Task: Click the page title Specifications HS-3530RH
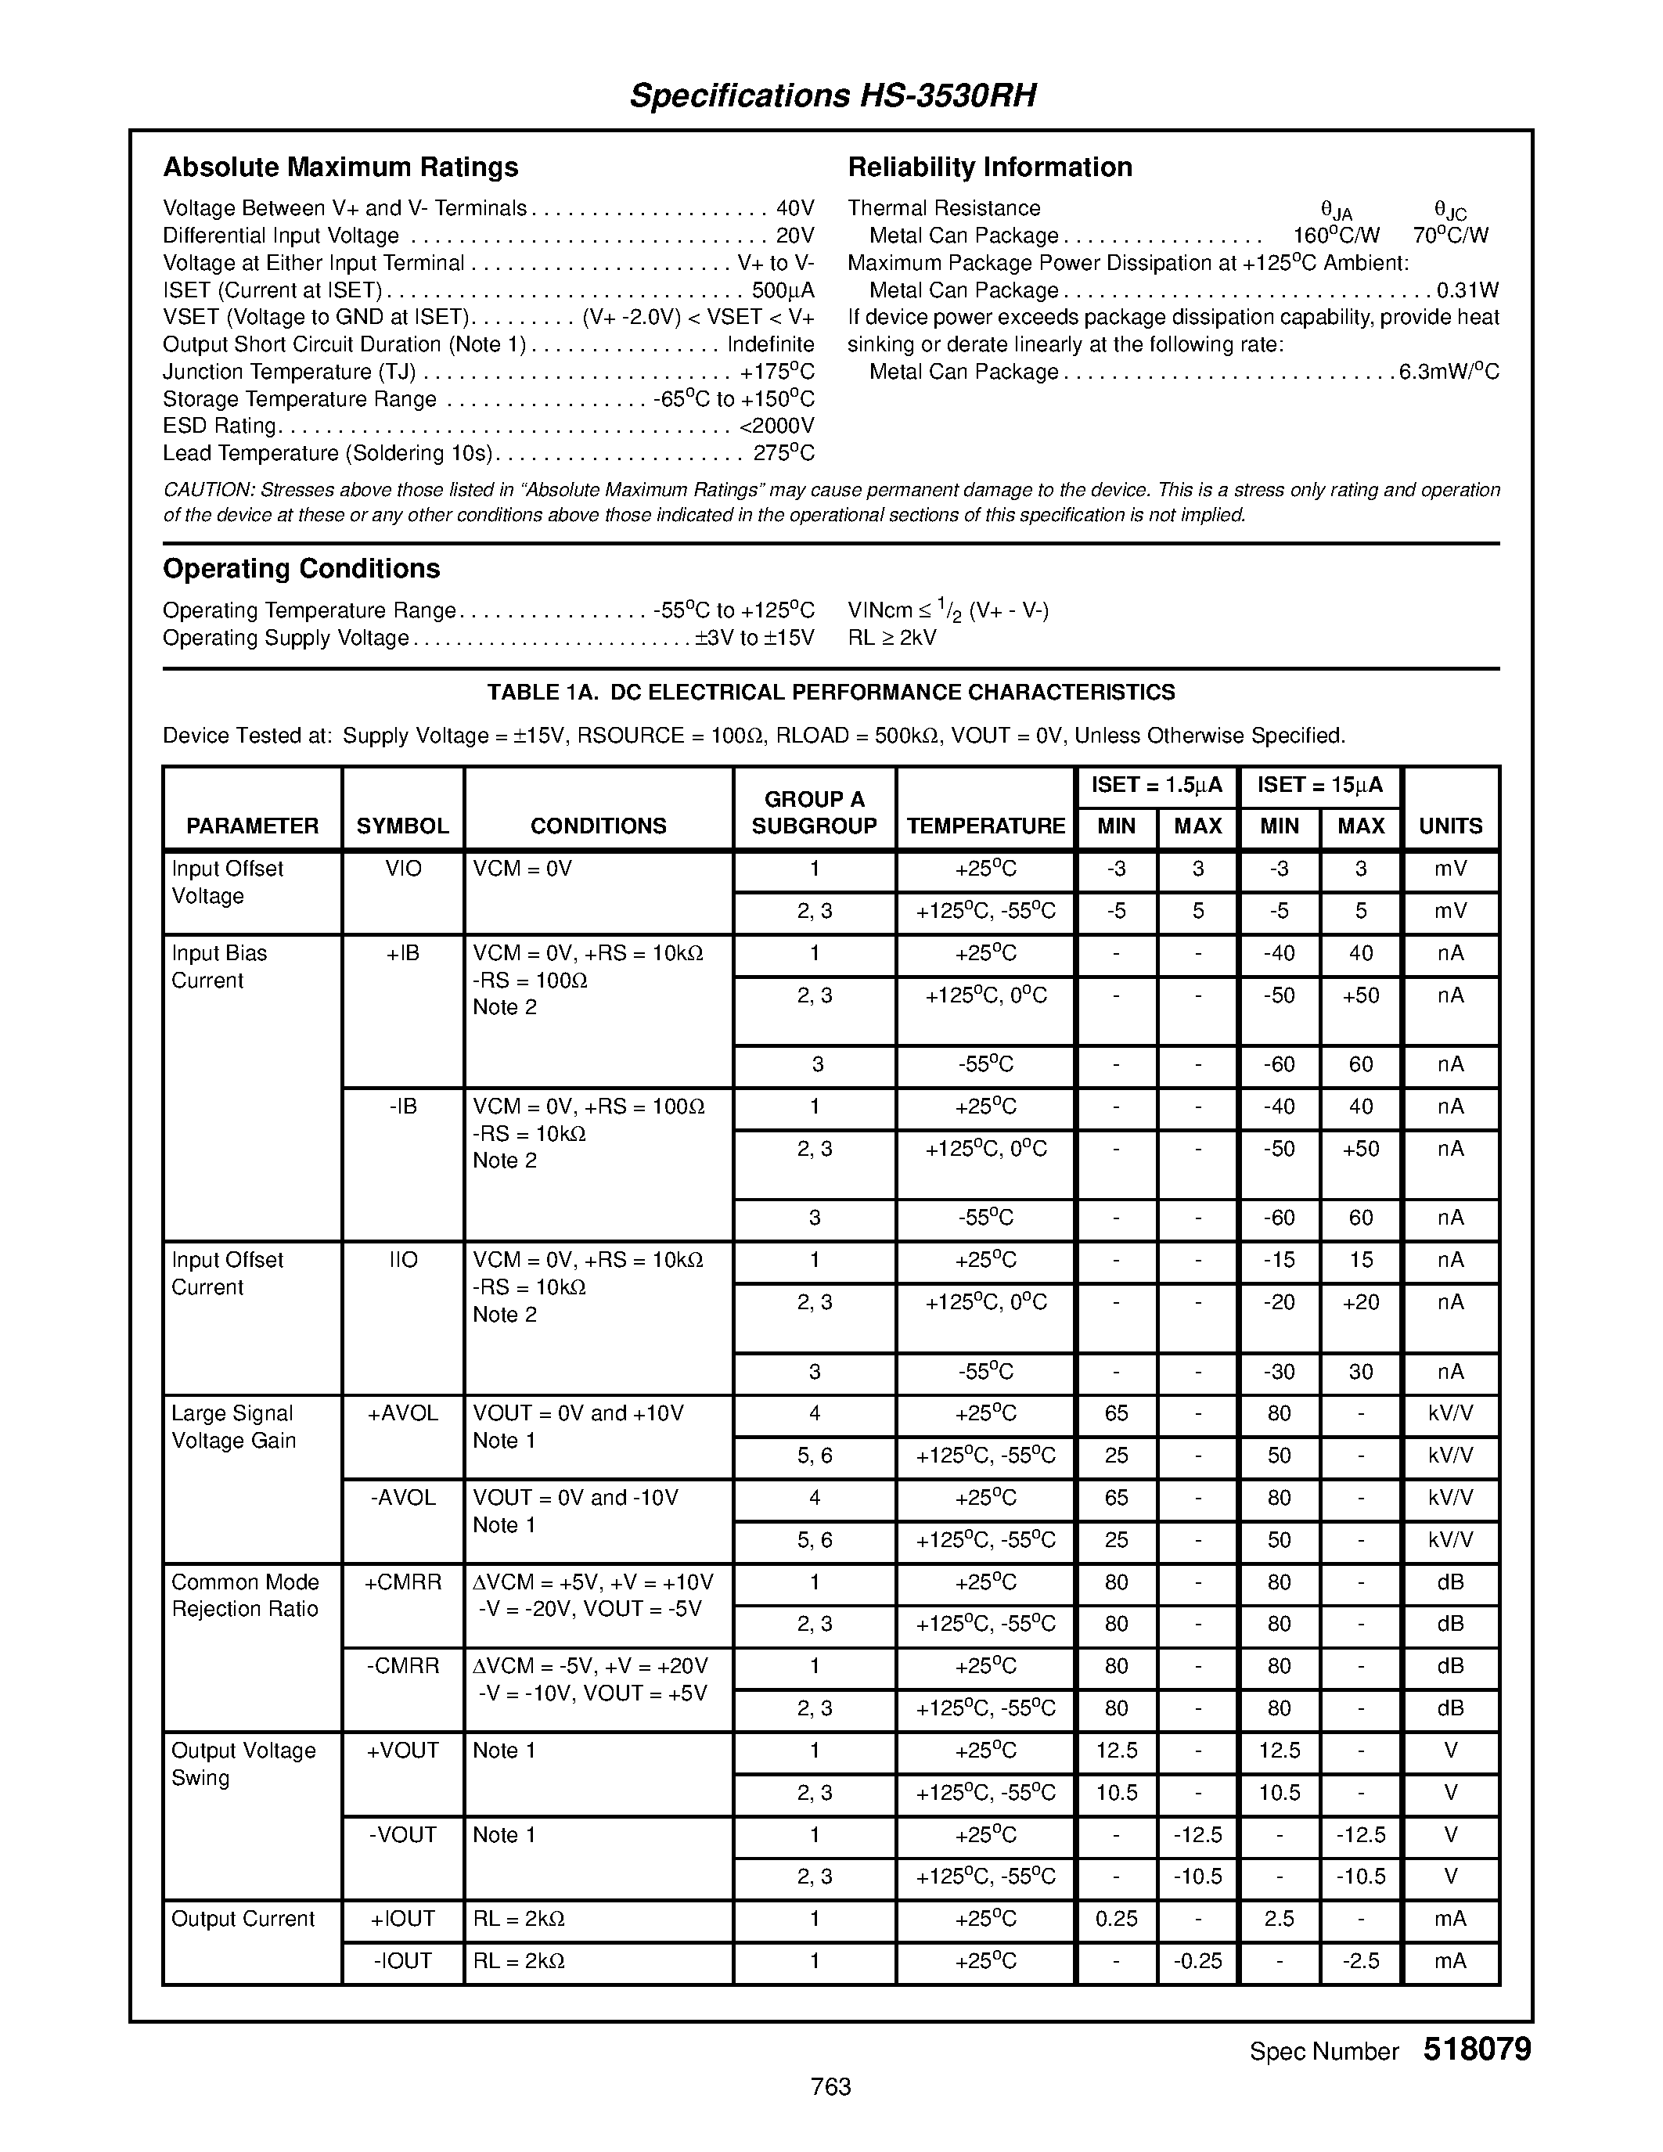[833, 95]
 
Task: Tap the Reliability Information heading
[989, 167]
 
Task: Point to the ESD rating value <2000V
[776, 426]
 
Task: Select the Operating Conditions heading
[301, 570]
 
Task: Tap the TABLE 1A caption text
[830, 693]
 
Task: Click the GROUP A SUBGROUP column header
[814, 813]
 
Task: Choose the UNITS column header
[1450, 826]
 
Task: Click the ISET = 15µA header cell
[1319, 786]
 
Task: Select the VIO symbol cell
[403, 869]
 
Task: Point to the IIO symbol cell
[403, 1260]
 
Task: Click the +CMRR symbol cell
[403, 1582]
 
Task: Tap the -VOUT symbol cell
[403, 1835]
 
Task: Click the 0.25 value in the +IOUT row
[1116, 1919]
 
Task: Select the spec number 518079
[1476, 2049]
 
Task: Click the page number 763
[830, 2087]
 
